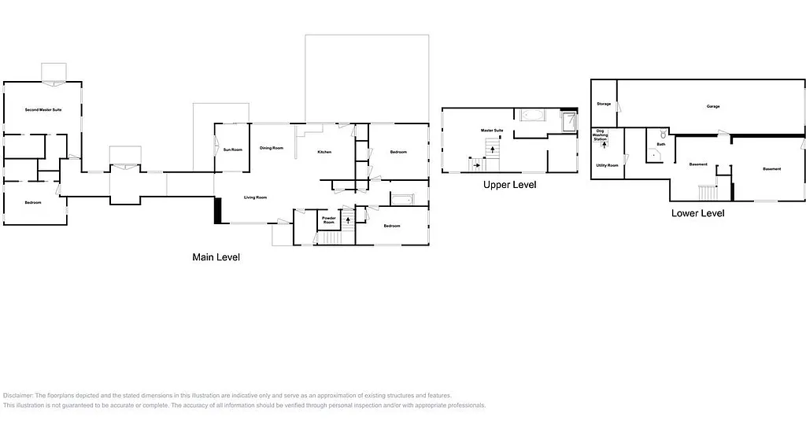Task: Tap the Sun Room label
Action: (232, 149)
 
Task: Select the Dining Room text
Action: (272, 148)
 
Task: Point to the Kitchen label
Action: (325, 152)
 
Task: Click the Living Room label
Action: (255, 197)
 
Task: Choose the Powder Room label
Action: (329, 219)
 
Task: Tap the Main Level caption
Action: (216, 257)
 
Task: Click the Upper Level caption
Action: (509, 185)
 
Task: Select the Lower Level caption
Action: (697, 213)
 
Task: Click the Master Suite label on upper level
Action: (493, 130)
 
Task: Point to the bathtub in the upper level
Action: (531, 116)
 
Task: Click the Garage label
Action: (713, 106)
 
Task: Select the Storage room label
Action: (604, 104)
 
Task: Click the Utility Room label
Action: (607, 165)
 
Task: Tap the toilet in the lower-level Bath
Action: (663, 135)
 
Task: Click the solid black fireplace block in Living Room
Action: (219, 210)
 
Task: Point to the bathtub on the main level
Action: (401, 199)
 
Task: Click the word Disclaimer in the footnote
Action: (18, 396)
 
